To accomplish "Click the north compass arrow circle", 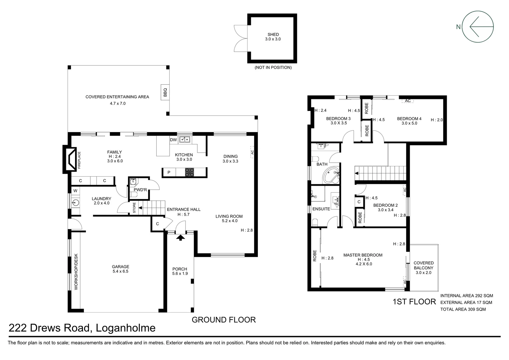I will tap(478, 27).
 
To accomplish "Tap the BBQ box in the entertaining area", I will tap(165, 92).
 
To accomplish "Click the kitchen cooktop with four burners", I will tap(190, 172).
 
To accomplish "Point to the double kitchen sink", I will tap(184, 139).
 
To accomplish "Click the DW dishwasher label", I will tap(173, 140).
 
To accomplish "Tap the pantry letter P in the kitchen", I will tap(169, 173).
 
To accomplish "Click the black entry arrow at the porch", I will tap(180, 237).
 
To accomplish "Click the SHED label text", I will tap(273, 34).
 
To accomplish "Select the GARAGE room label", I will tap(121, 267).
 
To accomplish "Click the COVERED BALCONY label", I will tap(423, 265).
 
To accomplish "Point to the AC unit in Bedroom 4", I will tap(407, 101).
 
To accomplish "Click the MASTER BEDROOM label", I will tap(363, 255).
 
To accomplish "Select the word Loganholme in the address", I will tap(126, 328).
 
